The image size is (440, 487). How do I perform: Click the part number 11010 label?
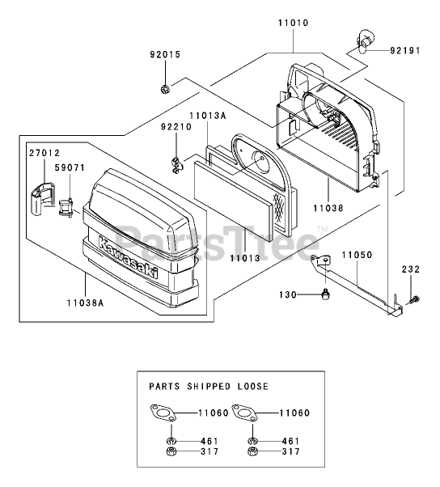pos(293,23)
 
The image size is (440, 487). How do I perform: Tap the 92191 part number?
pos(405,50)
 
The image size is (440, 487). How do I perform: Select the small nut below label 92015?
pos(164,89)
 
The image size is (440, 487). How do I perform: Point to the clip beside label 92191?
pos(364,40)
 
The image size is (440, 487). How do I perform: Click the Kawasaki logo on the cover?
pos(128,257)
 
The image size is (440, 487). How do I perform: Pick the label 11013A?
pos(208,116)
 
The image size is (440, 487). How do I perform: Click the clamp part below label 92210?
pos(177,166)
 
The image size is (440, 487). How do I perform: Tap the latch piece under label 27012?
pos(42,199)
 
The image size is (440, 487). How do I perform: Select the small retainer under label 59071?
pos(66,208)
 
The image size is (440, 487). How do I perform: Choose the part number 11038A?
pos(86,303)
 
